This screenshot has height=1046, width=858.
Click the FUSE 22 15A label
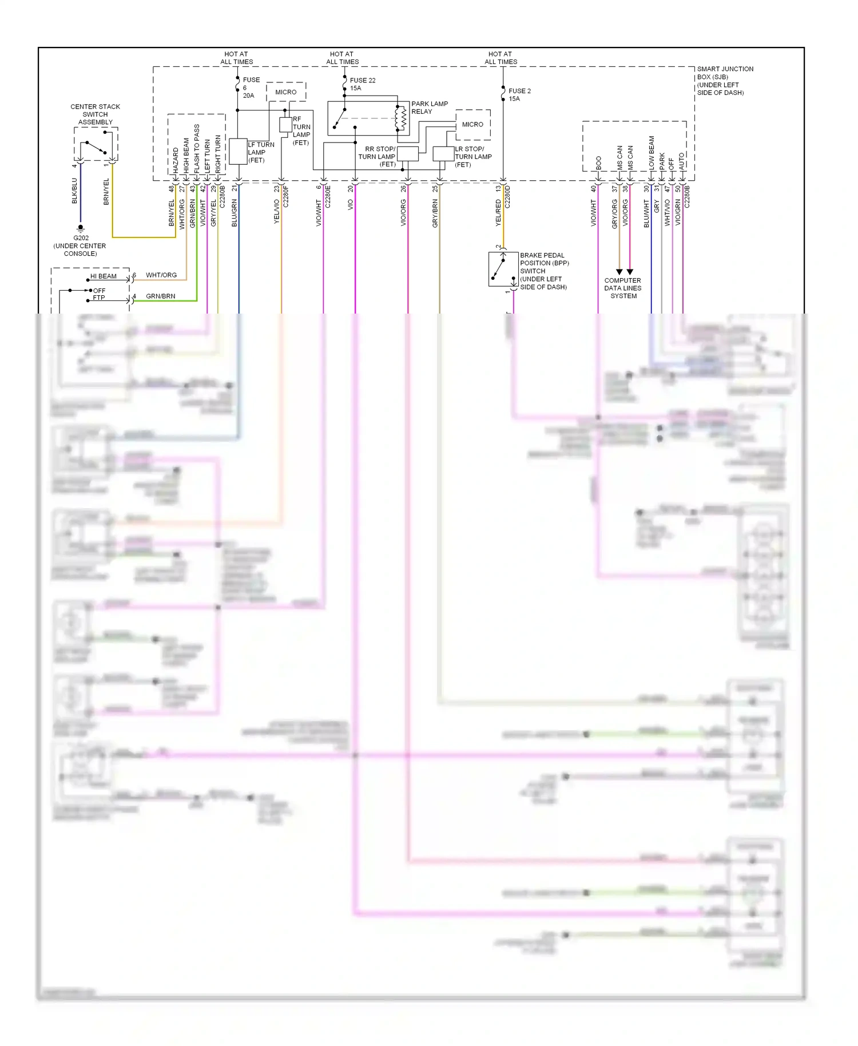(362, 84)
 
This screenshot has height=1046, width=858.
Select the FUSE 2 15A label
(519, 94)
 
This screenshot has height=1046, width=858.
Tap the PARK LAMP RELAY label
(429, 108)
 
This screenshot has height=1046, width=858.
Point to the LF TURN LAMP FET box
(238, 152)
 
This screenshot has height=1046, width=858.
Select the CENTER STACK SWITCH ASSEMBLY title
(95, 114)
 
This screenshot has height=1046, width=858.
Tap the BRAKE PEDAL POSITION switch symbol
(500, 269)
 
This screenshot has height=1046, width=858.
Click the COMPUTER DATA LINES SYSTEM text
(623, 288)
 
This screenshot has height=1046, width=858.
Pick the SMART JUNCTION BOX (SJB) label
(724, 80)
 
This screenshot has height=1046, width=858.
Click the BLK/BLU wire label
(74, 191)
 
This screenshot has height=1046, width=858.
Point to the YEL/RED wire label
(498, 212)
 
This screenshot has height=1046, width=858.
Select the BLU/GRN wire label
(235, 213)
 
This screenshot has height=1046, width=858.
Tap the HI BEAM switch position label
(103, 276)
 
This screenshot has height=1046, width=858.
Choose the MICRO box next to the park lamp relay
(472, 124)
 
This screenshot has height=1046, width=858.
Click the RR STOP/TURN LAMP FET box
(407, 153)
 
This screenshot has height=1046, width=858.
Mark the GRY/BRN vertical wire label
(435, 213)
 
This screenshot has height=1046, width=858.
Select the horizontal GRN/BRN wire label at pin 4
(160, 296)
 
